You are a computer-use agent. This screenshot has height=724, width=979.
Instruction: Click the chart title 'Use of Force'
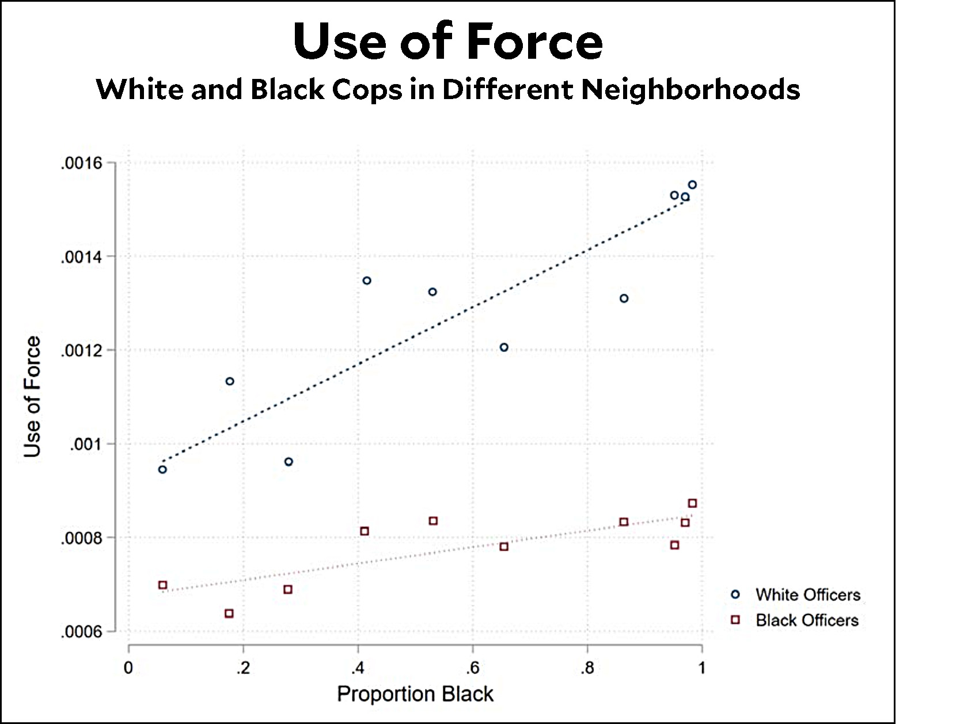pos(447,41)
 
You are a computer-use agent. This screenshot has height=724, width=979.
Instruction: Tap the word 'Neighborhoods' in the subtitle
pos(690,90)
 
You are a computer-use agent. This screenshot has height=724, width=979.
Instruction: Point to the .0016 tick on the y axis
pos(81,164)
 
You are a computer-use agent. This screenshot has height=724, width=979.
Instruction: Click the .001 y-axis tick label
pos(86,445)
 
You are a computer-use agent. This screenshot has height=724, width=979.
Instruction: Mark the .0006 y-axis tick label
pos(81,632)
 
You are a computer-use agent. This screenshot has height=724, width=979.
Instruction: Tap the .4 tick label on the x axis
pos(358,668)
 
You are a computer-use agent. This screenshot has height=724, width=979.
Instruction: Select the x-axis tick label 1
pos(701,668)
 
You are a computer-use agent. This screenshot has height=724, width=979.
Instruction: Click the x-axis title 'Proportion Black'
pos(415,694)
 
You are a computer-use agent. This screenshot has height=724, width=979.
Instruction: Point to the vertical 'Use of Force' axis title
pos(33,397)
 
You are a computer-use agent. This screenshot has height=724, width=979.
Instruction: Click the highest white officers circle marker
pos(692,185)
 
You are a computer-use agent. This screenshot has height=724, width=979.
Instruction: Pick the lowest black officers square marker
pos(229,613)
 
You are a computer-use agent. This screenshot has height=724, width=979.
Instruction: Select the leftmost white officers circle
pos(162,469)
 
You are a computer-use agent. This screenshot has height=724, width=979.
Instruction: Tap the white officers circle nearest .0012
pos(504,347)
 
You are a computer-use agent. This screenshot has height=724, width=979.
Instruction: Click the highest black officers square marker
pos(692,503)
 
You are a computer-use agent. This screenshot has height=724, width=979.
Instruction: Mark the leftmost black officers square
pos(162,585)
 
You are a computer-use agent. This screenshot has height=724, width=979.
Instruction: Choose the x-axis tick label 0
pos(128,668)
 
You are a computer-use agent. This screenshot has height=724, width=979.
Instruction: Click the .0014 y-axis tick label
pos(81,257)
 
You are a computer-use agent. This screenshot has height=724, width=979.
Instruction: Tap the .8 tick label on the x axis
pos(587,668)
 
